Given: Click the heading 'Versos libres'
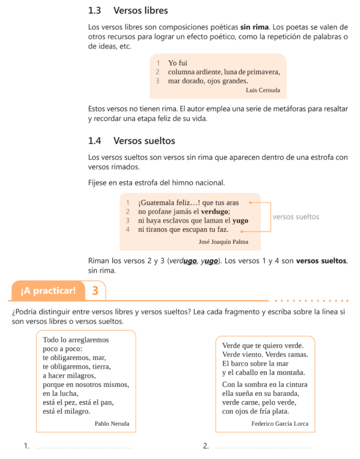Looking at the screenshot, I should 140,10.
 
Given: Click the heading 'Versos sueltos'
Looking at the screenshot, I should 144,141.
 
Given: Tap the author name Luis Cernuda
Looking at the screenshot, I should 263,90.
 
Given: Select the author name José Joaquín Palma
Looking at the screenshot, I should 223,242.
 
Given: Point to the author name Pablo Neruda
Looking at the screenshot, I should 112,423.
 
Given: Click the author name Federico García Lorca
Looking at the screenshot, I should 280,424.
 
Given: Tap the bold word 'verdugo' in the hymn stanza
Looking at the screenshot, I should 215,212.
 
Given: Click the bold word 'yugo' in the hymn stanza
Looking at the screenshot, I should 240,221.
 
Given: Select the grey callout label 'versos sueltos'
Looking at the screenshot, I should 295,217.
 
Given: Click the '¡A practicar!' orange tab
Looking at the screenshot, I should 48,291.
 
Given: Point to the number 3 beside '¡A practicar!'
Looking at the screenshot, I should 95,291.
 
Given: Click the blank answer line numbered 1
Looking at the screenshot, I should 84,447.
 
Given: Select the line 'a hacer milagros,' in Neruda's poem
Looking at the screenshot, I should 69,375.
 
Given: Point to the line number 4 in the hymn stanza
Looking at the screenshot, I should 128,229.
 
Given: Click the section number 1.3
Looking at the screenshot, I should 95,10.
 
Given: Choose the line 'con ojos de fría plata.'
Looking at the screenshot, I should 256,411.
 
